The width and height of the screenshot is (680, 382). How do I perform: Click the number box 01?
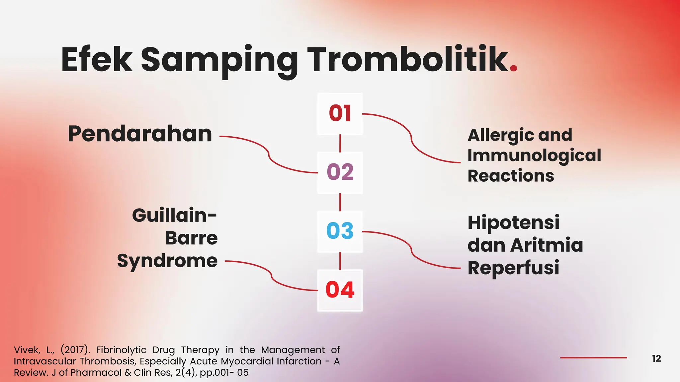coord(340,114)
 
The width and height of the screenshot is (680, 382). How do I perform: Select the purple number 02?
coord(340,172)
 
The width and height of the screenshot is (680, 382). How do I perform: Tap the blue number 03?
coord(340,231)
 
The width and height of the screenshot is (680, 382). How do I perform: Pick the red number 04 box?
coord(340,290)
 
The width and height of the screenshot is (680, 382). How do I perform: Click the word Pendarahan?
coord(140,134)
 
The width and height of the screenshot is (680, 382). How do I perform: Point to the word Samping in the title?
coord(219,60)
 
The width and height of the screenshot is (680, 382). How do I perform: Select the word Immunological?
coord(534,156)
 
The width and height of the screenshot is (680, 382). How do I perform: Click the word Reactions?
coord(511,176)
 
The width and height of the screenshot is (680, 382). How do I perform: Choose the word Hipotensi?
coord(513,223)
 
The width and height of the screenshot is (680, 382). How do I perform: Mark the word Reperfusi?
coord(513,268)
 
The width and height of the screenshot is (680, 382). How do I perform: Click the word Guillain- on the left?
coord(174,216)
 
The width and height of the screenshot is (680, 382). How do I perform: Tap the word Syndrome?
coord(167,261)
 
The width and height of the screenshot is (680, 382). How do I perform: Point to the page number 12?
coord(656,358)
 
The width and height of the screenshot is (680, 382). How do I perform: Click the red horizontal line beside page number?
coord(593,358)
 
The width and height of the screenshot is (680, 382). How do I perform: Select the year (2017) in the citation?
coord(75,350)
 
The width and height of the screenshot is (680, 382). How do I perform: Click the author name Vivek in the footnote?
coord(27,350)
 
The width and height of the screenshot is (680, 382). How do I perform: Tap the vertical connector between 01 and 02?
coord(340,143)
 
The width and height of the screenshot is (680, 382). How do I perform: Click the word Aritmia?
coord(547,245)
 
